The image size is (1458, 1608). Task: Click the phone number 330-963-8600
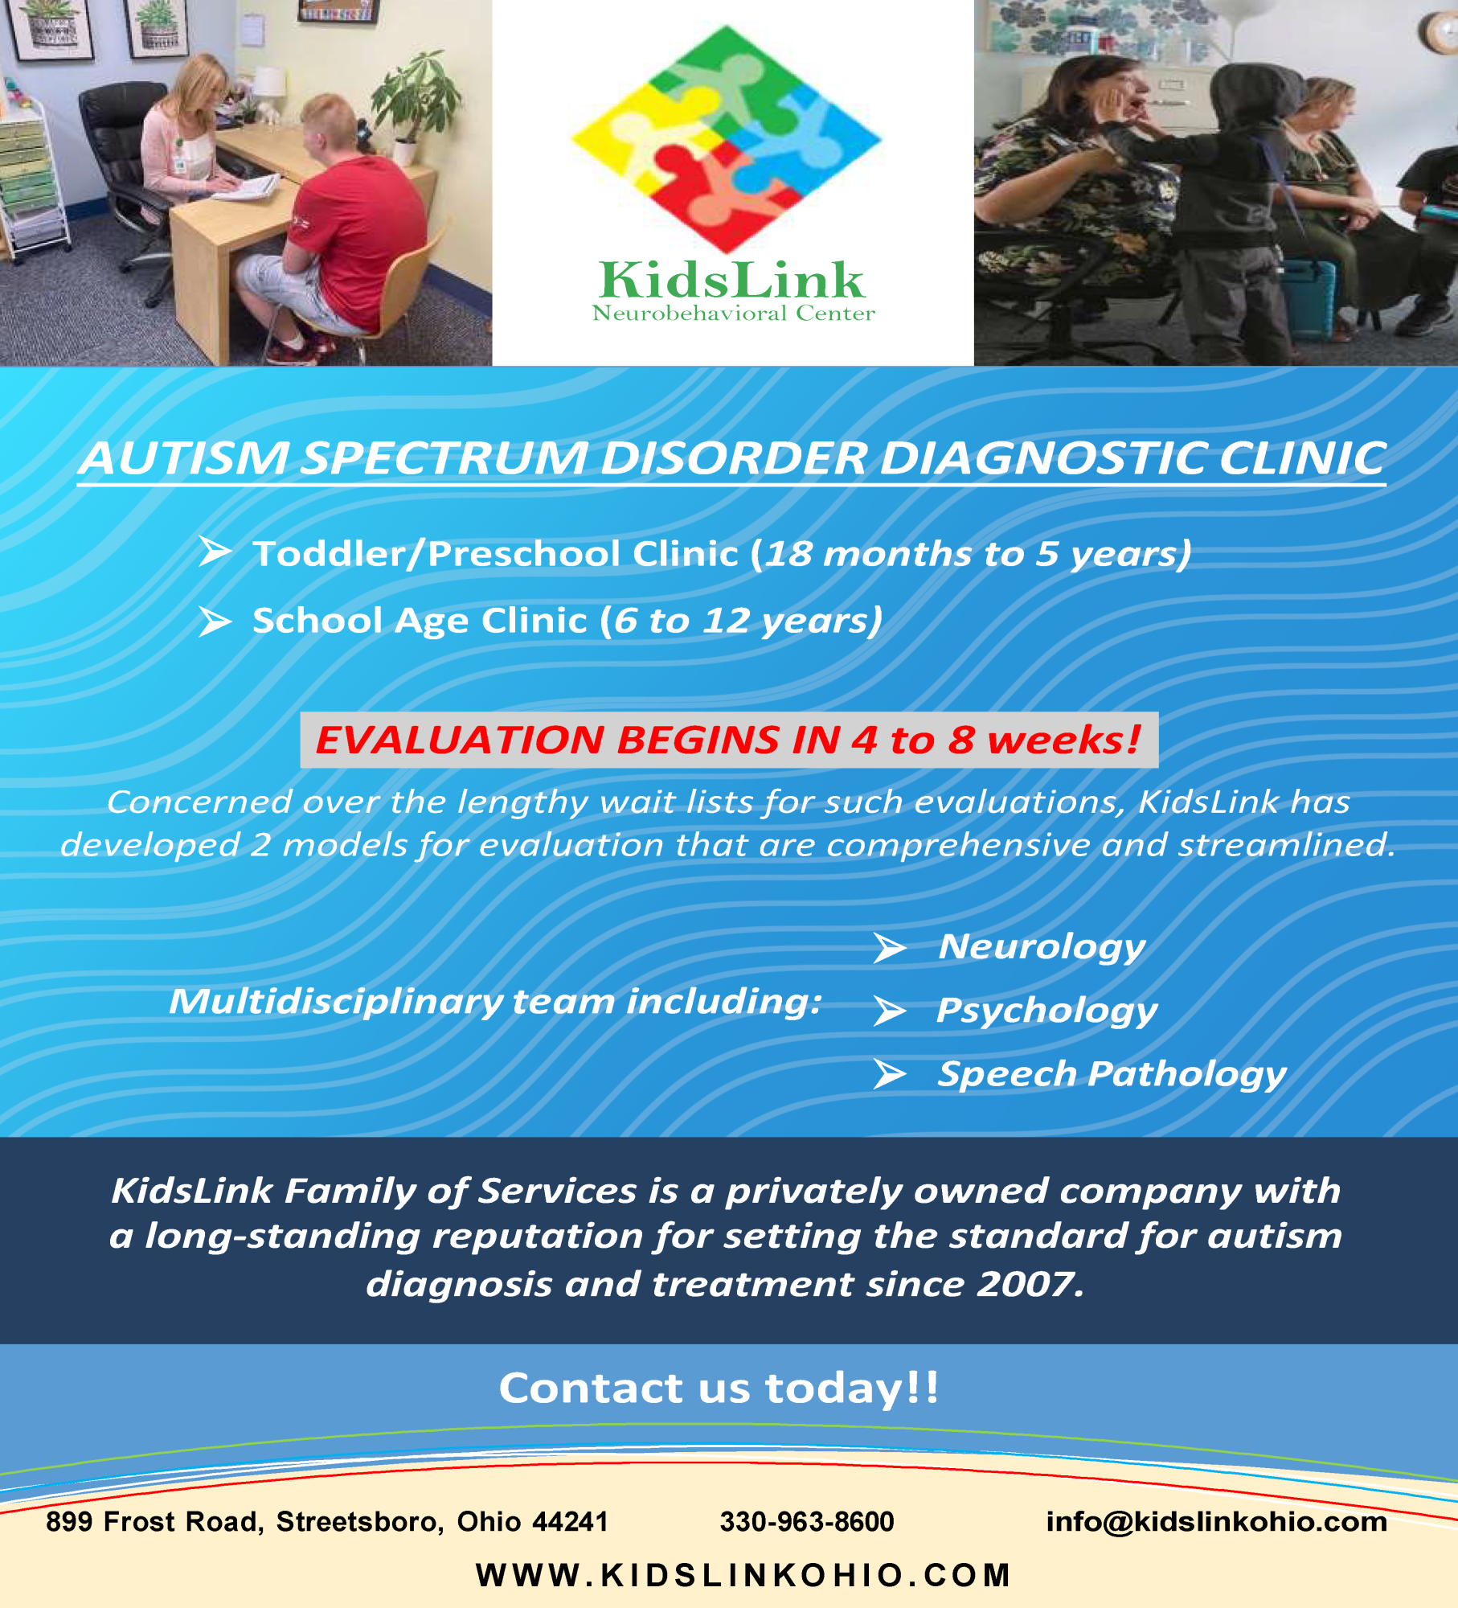pos(807,1521)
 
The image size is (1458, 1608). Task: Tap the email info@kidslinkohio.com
pos(1217,1521)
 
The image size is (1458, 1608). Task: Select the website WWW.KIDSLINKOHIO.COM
pos(743,1575)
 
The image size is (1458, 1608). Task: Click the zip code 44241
pos(570,1521)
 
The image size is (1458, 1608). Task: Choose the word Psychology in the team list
pos(1046,1011)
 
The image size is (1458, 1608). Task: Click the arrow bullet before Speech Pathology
pos(890,1074)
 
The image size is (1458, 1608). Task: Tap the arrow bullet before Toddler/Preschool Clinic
pos(215,552)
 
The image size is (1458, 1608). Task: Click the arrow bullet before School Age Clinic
pos(215,621)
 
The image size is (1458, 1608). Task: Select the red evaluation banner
pos(729,740)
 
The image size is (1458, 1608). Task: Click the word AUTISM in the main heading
pos(186,458)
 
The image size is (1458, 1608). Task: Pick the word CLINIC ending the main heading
pos(1302,458)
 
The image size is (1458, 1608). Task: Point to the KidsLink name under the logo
pos(731,280)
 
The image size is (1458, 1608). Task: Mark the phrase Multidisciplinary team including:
pos(495,1003)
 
